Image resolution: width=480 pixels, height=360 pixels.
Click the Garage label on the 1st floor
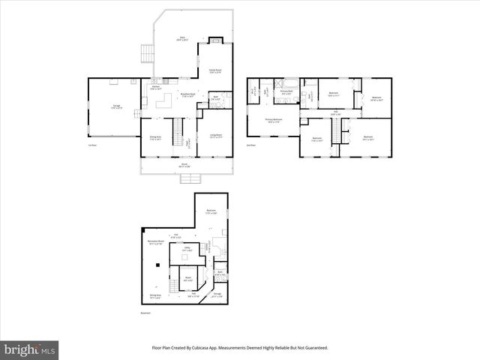coord(117,106)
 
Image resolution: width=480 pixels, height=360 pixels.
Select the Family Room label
coord(215,70)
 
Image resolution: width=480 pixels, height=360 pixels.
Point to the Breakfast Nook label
coord(187,94)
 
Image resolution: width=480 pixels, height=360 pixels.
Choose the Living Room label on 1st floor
coord(216,136)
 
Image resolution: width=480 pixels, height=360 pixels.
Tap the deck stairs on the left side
coord(146,54)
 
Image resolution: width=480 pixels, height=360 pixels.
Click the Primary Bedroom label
coord(273,120)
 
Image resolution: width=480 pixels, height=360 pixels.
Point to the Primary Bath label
coord(287,93)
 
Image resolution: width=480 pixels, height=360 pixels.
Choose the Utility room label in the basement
coord(187,249)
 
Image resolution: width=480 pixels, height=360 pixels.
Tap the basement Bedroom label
coord(212,212)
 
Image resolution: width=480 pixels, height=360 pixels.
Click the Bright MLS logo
coord(30,349)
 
